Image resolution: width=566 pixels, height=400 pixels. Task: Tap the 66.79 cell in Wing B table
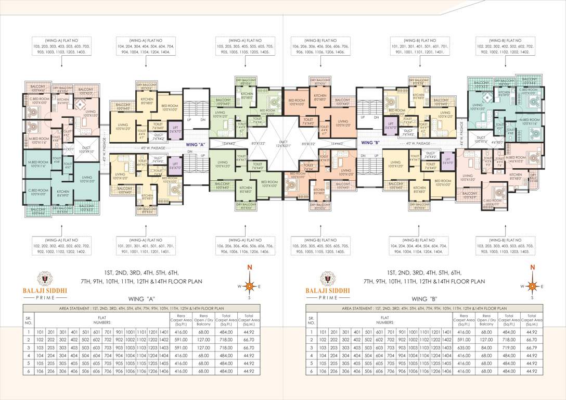pyautogui.click(x=531, y=346)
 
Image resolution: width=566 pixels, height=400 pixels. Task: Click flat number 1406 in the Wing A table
pyautogui.click(x=164, y=371)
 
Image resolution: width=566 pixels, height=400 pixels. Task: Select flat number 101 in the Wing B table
pyautogui.click(x=323, y=331)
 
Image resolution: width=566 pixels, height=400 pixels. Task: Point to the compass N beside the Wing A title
pyautogui.click(x=250, y=268)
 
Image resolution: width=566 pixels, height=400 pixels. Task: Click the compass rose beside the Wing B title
pyautogui.click(x=532, y=286)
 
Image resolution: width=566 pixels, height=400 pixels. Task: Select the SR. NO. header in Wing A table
pyautogui.click(x=29, y=319)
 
